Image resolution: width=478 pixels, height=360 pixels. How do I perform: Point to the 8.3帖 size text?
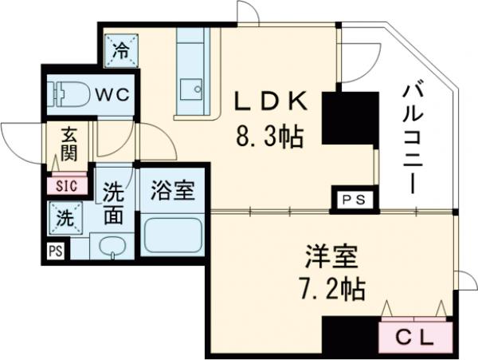[x=269, y=138]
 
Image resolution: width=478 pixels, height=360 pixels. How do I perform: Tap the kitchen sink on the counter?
[x=191, y=89]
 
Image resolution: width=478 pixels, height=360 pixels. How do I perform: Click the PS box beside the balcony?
[x=351, y=200]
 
